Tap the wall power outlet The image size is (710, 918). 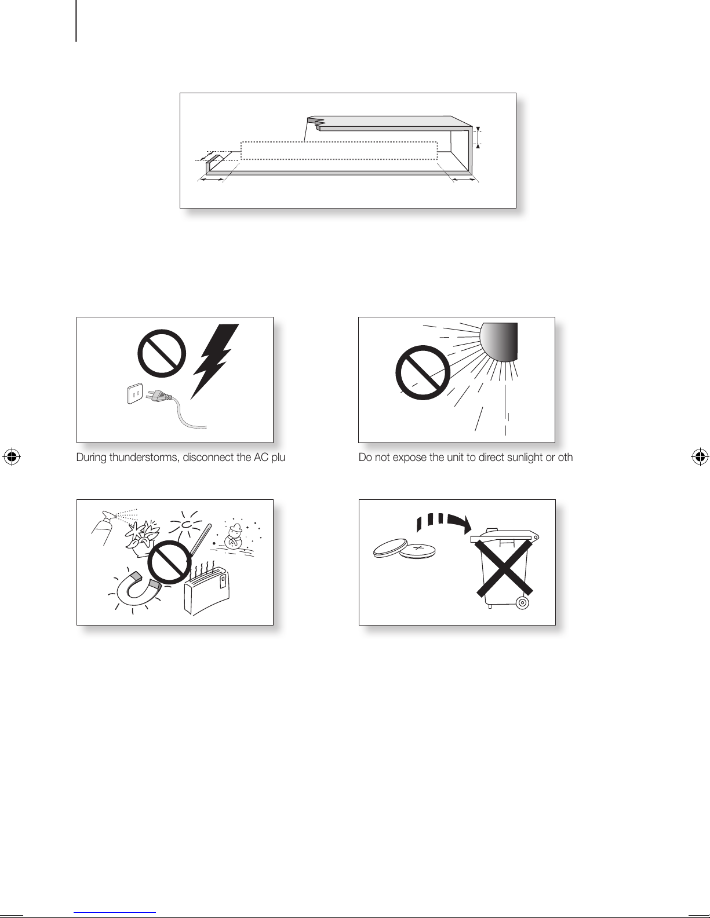[x=135, y=393]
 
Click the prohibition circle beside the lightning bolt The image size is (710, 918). [x=162, y=354]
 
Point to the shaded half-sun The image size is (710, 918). [x=498, y=341]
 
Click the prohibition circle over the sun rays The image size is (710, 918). [x=423, y=372]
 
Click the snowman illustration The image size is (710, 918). [x=233, y=536]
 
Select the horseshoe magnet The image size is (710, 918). [x=137, y=588]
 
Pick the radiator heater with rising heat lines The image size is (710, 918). [x=206, y=590]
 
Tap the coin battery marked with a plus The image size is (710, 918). [x=417, y=550]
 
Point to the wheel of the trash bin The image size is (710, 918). [x=523, y=602]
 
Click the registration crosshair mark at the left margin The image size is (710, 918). [x=12, y=456]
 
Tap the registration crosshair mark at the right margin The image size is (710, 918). [x=700, y=456]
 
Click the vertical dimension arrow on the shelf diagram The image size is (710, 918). [x=478, y=137]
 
